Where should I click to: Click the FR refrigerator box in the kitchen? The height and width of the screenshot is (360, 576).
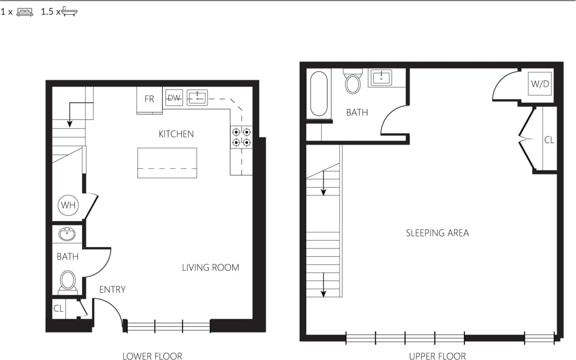click(149, 100)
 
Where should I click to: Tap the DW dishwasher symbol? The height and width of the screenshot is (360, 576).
click(174, 98)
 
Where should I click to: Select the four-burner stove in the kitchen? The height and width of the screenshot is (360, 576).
click(241, 137)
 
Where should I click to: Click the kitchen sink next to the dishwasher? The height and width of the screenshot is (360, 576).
click(197, 98)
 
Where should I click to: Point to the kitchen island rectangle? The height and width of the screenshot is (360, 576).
click(167, 163)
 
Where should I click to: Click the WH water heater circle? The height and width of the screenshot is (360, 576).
click(68, 205)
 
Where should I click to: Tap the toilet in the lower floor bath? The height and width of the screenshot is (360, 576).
click(68, 281)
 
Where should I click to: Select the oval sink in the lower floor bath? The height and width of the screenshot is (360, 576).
click(67, 234)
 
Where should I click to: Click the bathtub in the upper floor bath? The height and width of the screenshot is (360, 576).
click(319, 94)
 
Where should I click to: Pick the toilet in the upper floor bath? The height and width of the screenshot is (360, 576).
click(353, 83)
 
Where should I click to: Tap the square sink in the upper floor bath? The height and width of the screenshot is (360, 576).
click(381, 78)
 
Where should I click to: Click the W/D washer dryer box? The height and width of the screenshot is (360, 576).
click(540, 84)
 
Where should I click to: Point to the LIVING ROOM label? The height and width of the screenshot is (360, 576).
click(210, 268)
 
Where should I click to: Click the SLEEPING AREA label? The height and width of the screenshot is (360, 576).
click(437, 233)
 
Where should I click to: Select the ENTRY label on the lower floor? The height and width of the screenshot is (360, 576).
click(112, 290)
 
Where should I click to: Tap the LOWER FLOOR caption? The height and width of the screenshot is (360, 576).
click(152, 356)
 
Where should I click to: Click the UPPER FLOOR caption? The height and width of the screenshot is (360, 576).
click(437, 356)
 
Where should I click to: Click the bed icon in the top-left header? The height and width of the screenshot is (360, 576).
click(25, 12)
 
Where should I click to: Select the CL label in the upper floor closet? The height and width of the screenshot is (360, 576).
click(549, 140)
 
